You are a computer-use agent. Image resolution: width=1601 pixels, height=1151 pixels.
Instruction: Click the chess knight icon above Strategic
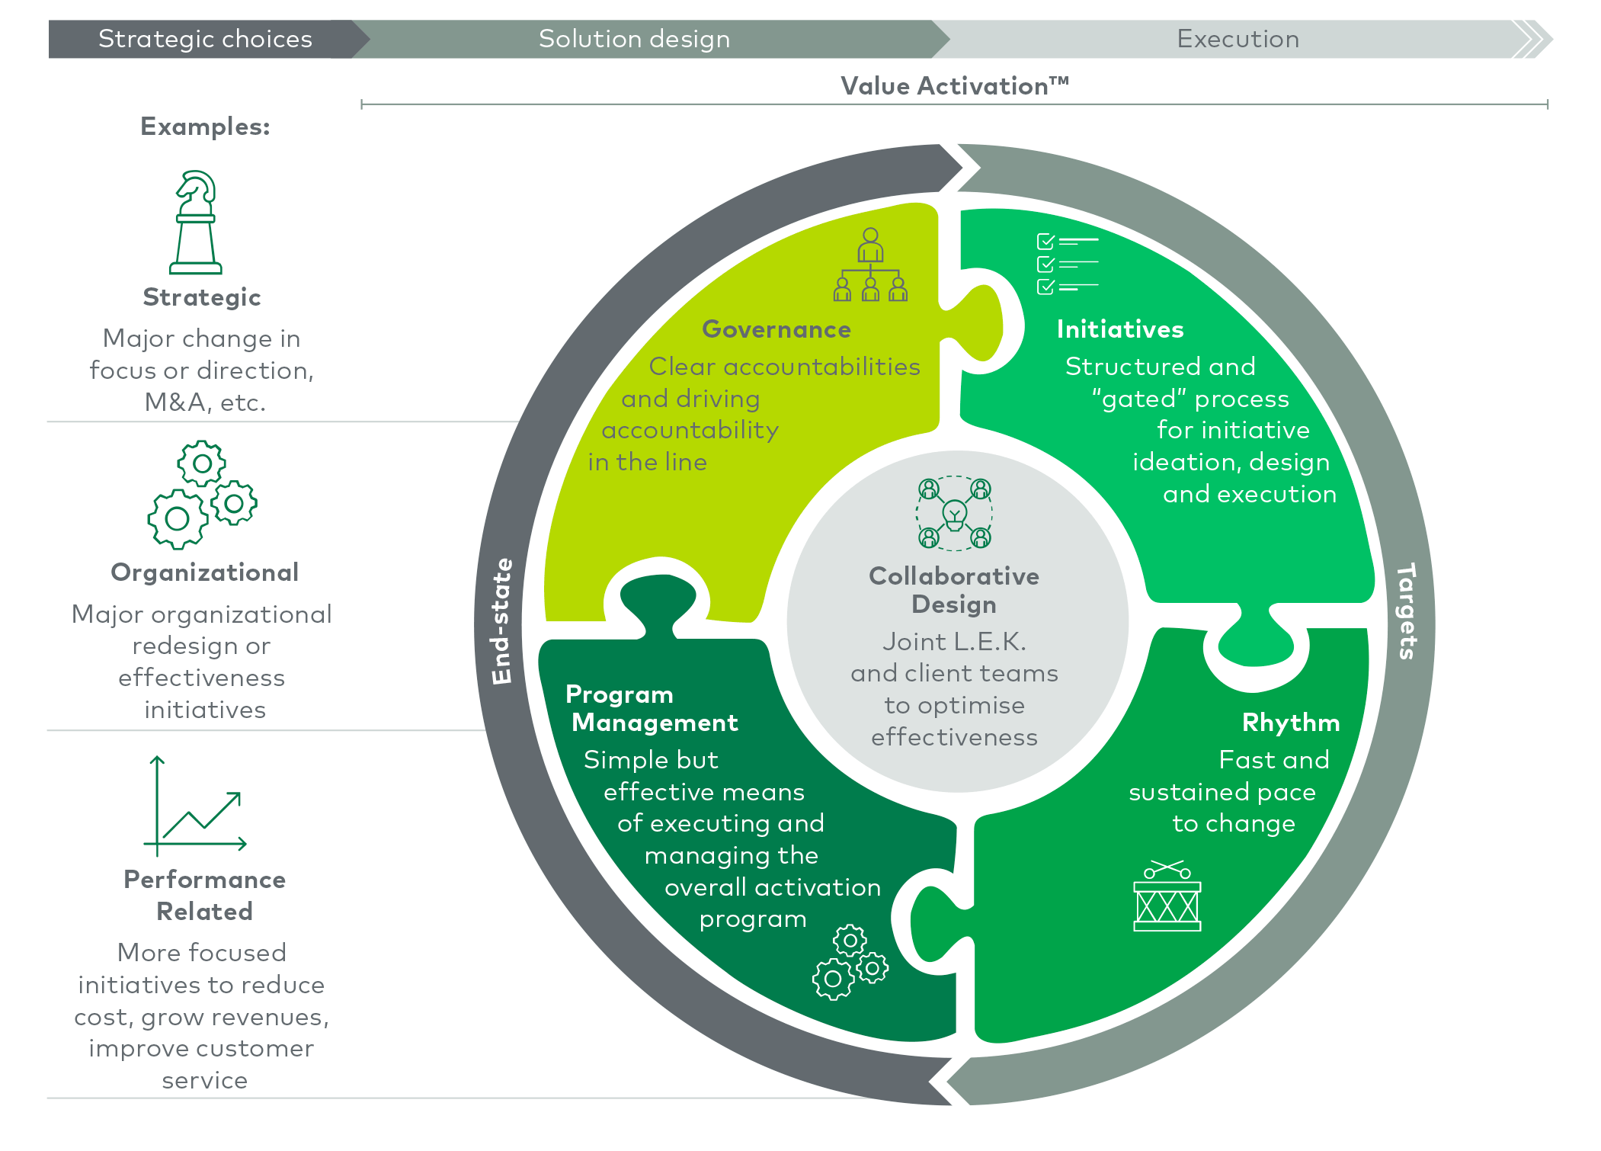tap(196, 222)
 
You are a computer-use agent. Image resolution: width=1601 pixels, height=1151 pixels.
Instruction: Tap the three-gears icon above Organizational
tap(202, 495)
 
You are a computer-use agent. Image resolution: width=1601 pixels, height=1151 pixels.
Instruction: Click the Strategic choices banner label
tap(205, 39)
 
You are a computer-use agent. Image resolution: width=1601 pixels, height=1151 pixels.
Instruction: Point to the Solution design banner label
tap(634, 39)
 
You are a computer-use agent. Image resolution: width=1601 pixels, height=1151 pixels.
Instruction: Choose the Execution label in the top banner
tap(1238, 39)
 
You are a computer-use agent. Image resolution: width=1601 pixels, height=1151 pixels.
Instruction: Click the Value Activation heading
tap(954, 86)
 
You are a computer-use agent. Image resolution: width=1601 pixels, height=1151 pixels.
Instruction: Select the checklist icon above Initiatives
tap(1068, 264)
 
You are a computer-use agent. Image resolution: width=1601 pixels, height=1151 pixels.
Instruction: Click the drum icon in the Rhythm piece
tap(1167, 896)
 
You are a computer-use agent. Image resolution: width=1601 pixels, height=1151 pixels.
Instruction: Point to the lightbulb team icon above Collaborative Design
tap(954, 513)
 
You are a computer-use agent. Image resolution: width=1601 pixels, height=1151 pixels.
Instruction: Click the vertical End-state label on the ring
tap(501, 621)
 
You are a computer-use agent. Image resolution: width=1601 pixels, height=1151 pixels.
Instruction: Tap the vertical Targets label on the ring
tap(1407, 611)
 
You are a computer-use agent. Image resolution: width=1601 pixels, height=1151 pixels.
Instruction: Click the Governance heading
tap(776, 329)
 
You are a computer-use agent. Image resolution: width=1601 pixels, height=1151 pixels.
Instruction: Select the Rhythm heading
tap(1290, 722)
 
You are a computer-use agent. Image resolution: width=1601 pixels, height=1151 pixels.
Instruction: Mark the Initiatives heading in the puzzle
tap(1119, 329)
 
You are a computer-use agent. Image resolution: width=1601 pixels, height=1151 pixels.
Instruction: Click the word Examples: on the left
tap(205, 127)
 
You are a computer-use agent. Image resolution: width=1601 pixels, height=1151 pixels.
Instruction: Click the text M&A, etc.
tap(205, 402)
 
